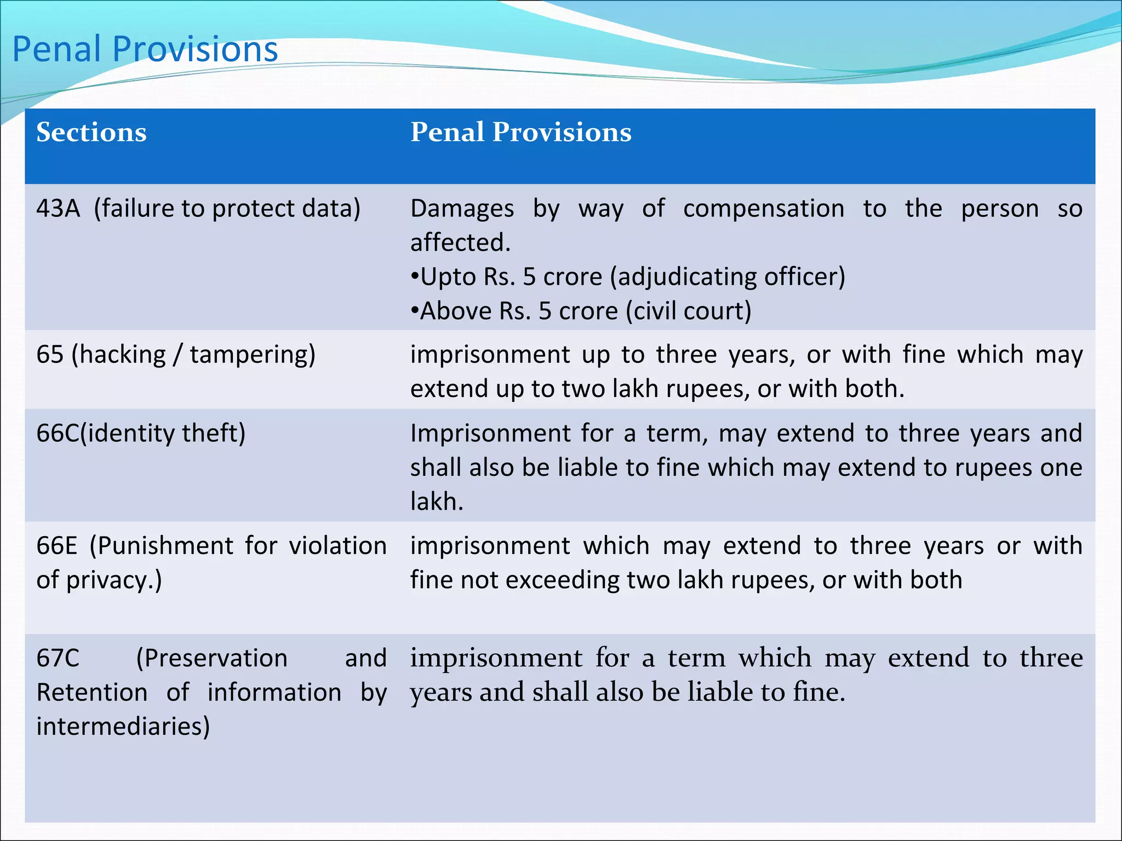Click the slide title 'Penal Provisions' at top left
click(145, 49)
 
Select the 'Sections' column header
click(91, 133)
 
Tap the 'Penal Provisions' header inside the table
click(520, 133)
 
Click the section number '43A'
click(58, 209)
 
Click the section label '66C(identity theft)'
click(141, 434)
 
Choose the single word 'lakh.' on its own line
click(437, 502)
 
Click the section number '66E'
click(56, 546)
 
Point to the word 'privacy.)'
click(114, 581)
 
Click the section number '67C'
click(58, 659)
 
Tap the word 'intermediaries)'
click(123, 727)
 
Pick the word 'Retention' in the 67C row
click(91, 693)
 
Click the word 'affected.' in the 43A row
click(460, 243)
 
